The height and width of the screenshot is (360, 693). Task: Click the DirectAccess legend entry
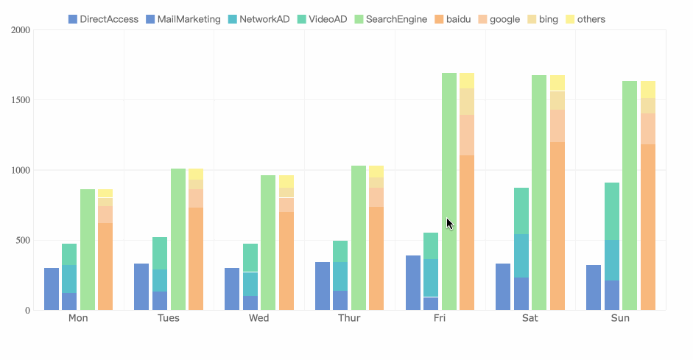(103, 19)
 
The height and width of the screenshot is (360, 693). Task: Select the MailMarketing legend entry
(183, 19)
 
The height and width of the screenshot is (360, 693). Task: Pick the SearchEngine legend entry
(390, 19)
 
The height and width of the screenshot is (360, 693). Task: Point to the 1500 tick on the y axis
(20, 100)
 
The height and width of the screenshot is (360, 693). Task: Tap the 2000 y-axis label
(20, 30)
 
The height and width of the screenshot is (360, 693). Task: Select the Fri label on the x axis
(440, 318)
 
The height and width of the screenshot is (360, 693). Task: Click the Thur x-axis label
(349, 318)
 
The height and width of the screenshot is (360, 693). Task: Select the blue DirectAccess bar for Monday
(52, 289)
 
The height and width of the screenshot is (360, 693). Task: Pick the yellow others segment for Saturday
(557, 83)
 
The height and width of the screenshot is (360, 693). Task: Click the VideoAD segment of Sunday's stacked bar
(612, 211)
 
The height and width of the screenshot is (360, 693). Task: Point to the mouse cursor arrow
(449, 223)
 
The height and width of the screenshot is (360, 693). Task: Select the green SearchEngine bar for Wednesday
(268, 242)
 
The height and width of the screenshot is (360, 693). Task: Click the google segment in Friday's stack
(467, 135)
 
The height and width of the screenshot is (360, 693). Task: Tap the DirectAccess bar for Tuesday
(141, 286)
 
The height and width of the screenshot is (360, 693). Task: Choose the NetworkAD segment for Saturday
(521, 255)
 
